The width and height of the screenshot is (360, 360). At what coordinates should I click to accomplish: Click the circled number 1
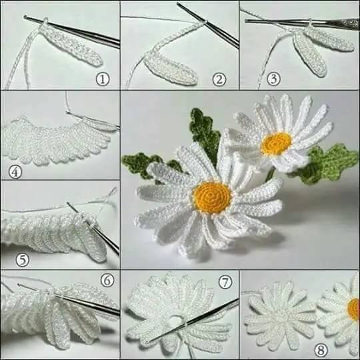click(x=103, y=79)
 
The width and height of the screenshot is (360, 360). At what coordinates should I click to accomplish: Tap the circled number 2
click(x=219, y=80)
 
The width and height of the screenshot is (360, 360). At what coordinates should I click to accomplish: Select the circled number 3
click(x=273, y=79)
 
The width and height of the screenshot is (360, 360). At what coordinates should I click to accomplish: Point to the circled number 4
click(x=15, y=172)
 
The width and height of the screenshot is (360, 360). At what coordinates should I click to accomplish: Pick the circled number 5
click(x=22, y=260)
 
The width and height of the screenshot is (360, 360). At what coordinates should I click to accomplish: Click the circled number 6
click(x=107, y=280)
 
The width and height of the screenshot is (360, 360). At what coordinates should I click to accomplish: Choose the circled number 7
click(x=225, y=282)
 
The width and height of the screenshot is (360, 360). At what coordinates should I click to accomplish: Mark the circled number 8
click(x=321, y=351)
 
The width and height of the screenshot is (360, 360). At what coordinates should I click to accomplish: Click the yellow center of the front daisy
click(x=212, y=197)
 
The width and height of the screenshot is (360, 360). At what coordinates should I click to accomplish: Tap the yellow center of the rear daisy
click(x=276, y=143)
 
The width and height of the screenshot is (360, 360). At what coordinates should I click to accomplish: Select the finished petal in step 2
click(x=171, y=69)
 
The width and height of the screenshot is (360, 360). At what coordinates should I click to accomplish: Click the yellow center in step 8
click(x=354, y=309)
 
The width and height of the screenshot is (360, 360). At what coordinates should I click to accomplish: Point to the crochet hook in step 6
click(x=69, y=299)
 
